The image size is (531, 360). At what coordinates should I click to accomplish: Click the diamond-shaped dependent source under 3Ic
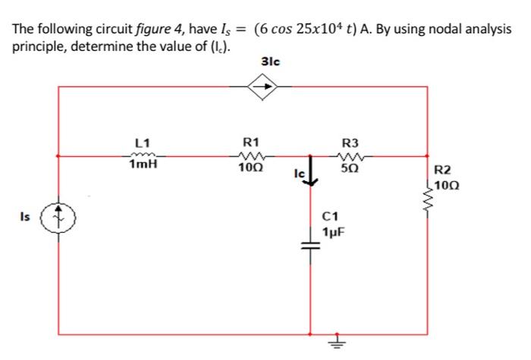[x=269, y=87]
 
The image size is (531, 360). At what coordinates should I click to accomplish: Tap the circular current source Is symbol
[x=60, y=216]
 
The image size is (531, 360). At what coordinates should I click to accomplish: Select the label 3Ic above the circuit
[x=269, y=61]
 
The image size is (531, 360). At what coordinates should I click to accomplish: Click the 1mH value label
[x=143, y=165]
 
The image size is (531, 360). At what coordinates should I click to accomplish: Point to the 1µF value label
[x=335, y=230]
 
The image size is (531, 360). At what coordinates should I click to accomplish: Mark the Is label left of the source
[x=27, y=216]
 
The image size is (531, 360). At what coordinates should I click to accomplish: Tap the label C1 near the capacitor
[x=332, y=217]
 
